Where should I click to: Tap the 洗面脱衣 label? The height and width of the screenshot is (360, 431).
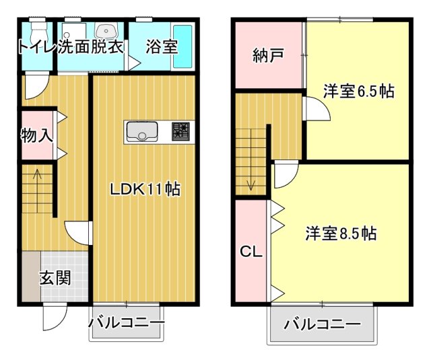point(91,48)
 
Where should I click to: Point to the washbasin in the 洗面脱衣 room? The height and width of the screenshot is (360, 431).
point(106,31)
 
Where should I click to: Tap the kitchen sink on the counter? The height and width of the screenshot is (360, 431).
point(141,131)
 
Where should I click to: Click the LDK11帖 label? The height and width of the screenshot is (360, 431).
point(145,190)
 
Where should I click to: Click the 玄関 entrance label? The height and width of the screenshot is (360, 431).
point(55,277)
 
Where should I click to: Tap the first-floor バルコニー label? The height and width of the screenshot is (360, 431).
point(126,324)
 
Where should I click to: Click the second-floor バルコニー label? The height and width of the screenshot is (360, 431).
point(322,324)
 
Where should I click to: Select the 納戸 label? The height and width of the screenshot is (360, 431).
point(268,56)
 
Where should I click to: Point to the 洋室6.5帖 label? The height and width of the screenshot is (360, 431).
point(358,92)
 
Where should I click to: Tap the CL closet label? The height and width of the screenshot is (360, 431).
point(251,253)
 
